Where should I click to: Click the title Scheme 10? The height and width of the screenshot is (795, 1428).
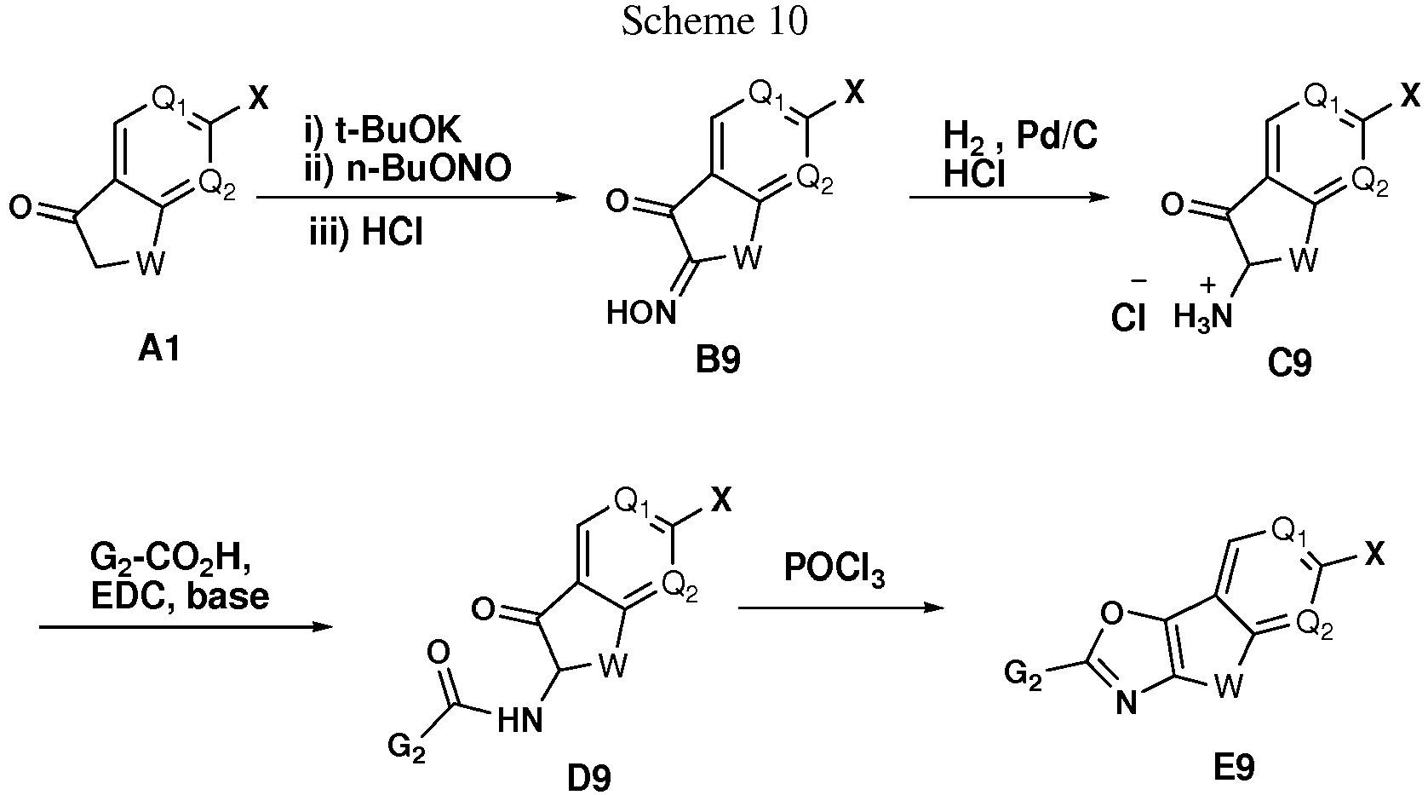click(x=714, y=21)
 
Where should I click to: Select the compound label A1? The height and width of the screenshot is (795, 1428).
click(x=159, y=349)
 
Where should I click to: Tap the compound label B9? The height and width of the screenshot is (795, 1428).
click(x=718, y=360)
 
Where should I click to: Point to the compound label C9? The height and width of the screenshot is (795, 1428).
click(x=1289, y=364)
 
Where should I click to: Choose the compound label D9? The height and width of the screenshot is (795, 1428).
click(x=589, y=779)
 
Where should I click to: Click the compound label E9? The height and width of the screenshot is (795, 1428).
click(x=1234, y=768)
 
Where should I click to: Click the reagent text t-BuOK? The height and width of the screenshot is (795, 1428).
click(x=398, y=131)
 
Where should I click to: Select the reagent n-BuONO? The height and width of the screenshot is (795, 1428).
click(x=429, y=169)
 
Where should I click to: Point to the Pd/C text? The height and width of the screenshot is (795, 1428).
click(x=1057, y=135)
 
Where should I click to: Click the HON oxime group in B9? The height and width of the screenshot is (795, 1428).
click(x=640, y=313)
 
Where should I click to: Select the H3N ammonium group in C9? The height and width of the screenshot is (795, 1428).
click(x=1202, y=317)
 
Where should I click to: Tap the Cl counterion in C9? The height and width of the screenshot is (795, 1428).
click(x=1127, y=317)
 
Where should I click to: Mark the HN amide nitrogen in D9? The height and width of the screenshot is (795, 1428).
click(x=520, y=721)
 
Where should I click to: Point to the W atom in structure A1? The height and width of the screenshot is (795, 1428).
click(x=150, y=263)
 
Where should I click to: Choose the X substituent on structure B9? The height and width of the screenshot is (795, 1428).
click(x=854, y=94)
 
